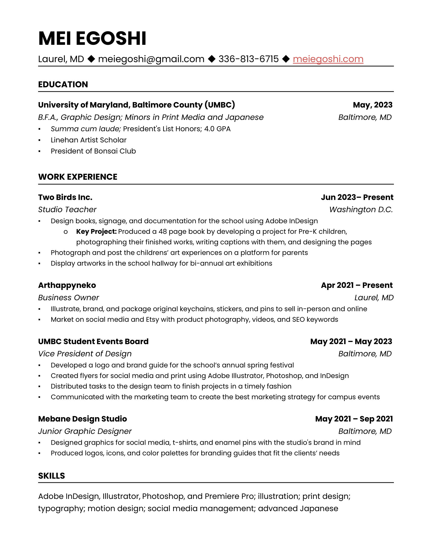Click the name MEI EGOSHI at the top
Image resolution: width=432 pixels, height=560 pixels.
(x=92, y=38)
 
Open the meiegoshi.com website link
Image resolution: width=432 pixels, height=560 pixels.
(x=328, y=59)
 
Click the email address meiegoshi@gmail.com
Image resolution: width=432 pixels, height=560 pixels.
(x=151, y=59)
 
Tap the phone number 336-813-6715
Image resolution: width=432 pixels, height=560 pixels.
(x=248, y=59)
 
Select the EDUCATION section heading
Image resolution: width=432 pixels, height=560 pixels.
(x=63, y=84)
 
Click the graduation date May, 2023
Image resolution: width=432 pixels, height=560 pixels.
(x=372, y=105)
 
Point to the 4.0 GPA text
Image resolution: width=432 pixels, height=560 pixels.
(x=217, y=129)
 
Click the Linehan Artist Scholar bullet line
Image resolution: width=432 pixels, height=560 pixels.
(x=88, y=140)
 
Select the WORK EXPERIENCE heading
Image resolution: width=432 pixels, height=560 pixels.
(x=78, y=177)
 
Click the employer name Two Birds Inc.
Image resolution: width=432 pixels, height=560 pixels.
(x=65, y=197)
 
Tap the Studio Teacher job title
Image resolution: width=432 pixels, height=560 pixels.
(x=67, y=209)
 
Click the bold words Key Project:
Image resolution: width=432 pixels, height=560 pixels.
(x=96, y=232)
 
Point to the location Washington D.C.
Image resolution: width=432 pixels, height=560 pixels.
(x=361, y=209)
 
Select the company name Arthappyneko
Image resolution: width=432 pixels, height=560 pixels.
(x=67, y=285)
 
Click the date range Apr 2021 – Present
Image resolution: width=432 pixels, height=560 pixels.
(x=357, y=285)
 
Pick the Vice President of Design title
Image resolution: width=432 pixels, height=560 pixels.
(x=85, y=354)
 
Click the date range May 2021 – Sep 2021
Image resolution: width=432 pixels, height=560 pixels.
(x=354, y=419)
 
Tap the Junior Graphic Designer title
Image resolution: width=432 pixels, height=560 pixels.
(x=85, y=431)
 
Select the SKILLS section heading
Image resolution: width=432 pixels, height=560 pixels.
(x=51, y=476)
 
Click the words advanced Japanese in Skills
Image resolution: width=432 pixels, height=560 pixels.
(x=298, y=508)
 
